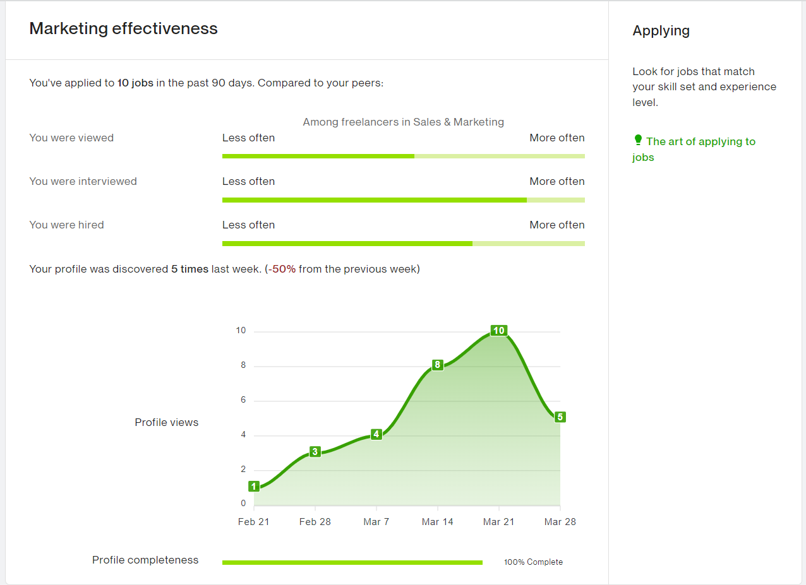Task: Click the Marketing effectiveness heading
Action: (x=123, y=28)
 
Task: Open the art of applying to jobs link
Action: (x=700, y=142)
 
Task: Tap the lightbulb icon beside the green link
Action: (x=637, y=140)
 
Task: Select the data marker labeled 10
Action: (x=498, y=331)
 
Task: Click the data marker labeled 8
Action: (x=437, y=365)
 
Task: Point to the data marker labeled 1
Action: (x=254, y=486)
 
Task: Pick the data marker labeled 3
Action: (x=315, y=452)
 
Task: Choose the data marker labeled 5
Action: (x=560, y=417)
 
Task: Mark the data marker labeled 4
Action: (x=376, y=434)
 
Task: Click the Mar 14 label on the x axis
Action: (x=437, y=522)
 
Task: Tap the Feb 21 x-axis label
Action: (x=253, y=522)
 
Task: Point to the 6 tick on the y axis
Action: (x=243, y=401)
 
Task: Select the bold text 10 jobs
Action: (x=135, y=83)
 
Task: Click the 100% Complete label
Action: (x=533, y=562)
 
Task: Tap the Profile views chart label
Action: (x=166, y=423)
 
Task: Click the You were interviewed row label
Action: (x=83, y=181)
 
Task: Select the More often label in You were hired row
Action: (x=556, y=225)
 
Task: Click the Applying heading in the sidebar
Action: (x=661, y=31)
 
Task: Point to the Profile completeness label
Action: (x=145, y=560)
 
